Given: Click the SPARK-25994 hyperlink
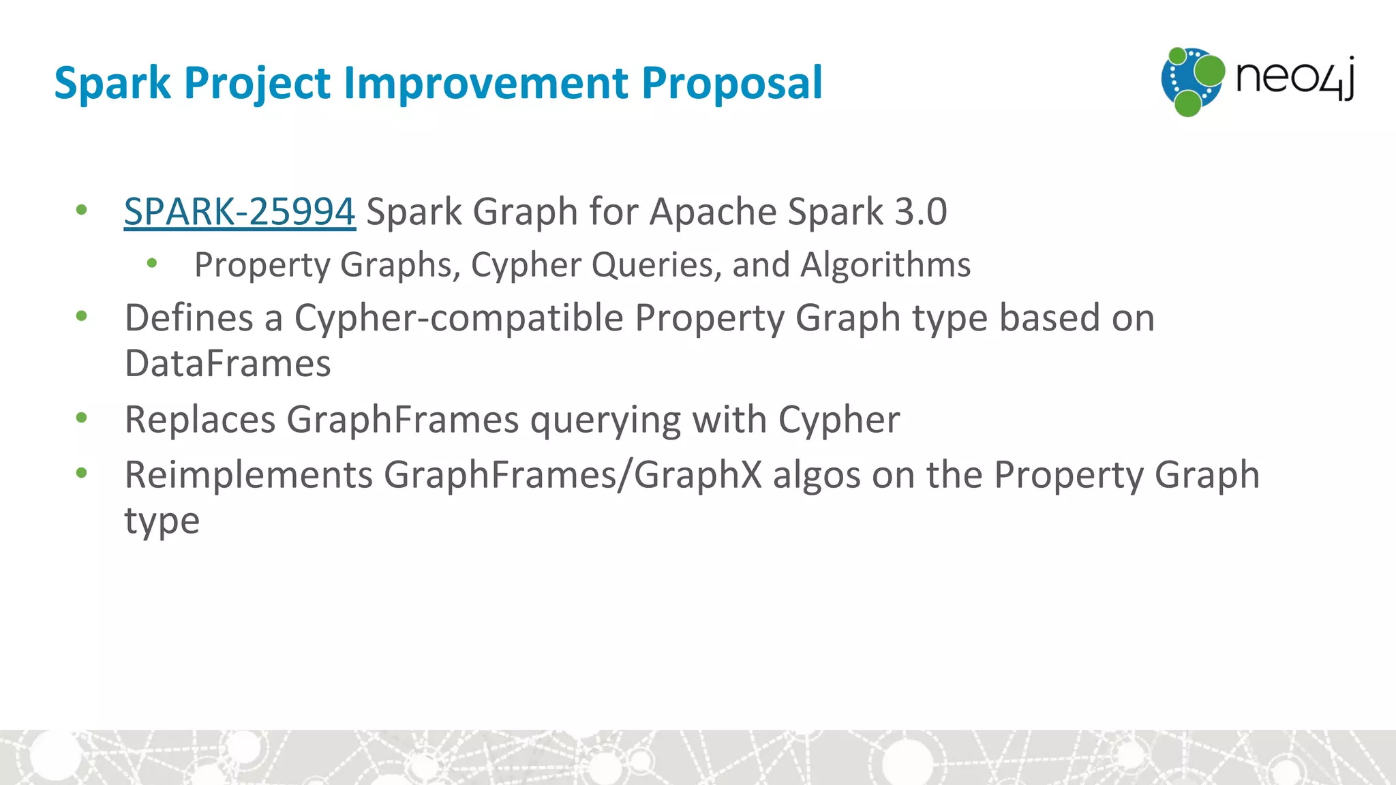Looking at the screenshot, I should pyautogui.click(x=239, y=211).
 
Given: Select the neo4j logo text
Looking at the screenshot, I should pyautogui.click(x=1294, y=78).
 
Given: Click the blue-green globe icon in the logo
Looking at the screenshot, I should pyautogui.click(x=1192, y=82).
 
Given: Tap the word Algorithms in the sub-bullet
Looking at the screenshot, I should pyautogui.click(x=885, y=264).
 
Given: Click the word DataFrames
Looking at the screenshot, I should pyautogui.click(x=228, y=363).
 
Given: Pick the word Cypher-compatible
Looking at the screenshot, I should pyautogui.click(x=459, y=318).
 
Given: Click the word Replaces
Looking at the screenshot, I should pyautogui.click(x=200, y=419).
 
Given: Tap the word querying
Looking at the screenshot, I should pyautogui.click(x=605, y=420).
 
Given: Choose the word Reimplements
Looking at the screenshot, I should pyautogui.click(x=248, y=474).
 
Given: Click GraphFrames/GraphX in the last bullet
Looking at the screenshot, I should pyautogui.click(x=573, y=475).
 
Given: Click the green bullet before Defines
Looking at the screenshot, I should pyautogui.click(x=82, y=316).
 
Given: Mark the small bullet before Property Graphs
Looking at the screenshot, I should pyautogui.click(x=152, y=263).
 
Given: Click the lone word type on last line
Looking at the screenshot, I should pyautogui.click(x=162, y=522).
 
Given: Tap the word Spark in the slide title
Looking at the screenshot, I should pyautogui.click(x=112, y=83).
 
